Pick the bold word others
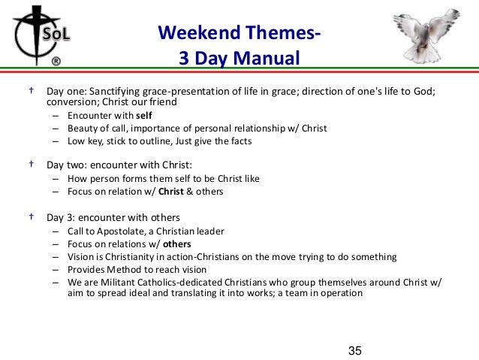177,244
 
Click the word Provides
87,270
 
